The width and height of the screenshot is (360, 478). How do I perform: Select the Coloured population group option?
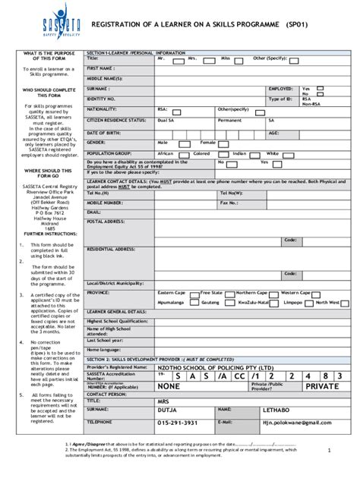pyautogui.click(x=201, y=153)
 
